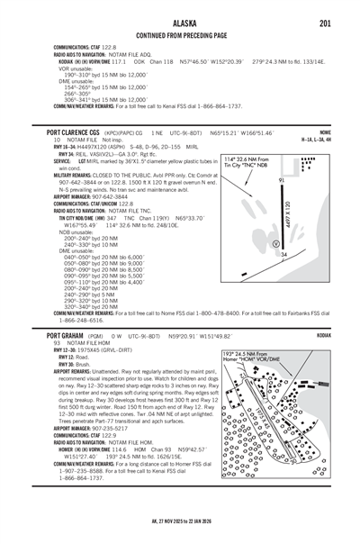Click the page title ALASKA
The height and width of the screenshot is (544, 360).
(179, 8)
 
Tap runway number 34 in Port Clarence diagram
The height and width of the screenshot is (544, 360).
(283, 255)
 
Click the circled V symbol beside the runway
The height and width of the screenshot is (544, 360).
(275, 242)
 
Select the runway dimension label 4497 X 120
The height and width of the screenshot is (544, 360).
(291, 216)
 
